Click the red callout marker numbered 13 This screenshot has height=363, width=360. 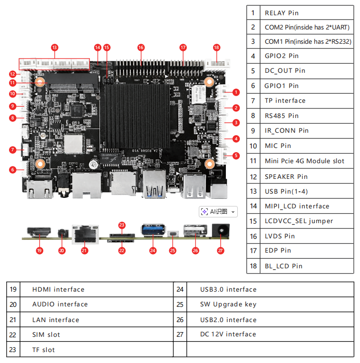tap(55, 48)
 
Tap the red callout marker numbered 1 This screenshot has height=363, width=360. tap(236, 92)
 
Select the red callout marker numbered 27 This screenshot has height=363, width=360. tap(220, 250)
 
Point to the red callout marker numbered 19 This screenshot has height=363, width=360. tap(39, 250)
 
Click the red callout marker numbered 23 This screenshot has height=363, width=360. tap(122, 225)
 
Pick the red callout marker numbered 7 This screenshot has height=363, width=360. tap(13, 149)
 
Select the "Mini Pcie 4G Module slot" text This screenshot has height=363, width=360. tap(304, 161)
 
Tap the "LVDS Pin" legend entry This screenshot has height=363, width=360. tap(280, 236)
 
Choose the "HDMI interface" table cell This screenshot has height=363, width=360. tap(58, 289)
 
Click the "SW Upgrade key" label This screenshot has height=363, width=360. tap(228, 304)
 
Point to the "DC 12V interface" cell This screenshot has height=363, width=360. tap(228, 334)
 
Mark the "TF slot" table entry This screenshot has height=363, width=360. tap(44, 350)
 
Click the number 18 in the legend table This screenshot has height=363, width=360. tap(253, 266)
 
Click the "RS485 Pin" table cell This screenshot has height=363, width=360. tap(282, 116)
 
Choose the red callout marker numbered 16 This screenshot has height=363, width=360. tap(141, 48)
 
